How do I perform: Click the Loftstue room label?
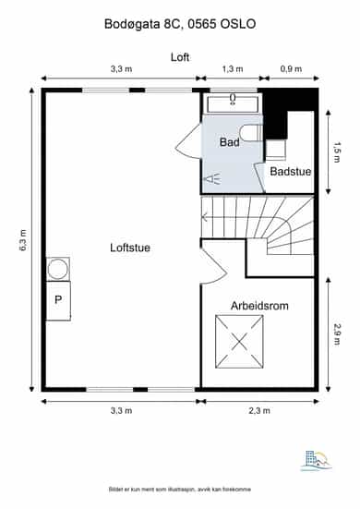click(x=130, y=248)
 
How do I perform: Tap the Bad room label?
click(x=230, y=142)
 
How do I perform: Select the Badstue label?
click(x=291, y=172)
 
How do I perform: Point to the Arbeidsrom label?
click(x=259, y=306)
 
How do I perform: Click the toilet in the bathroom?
click(x=250, y=133)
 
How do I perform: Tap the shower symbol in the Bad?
click(x=211, y=179)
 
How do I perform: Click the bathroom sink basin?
click(x=233, y=103)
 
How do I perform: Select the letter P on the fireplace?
click(x=58, y=299)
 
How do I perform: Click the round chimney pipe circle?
click(x=58, y=270)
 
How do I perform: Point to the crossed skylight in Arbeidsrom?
click(x=239, y=342)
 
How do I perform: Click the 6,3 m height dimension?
click(x=23, y=240)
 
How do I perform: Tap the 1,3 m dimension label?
click(x=233, y=68)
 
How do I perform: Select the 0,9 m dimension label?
click(x=291, y=68)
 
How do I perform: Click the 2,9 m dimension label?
click(x=337, y=334)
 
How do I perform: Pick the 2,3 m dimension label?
click(x=259, y=411)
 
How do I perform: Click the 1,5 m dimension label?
click(x=337, y=151)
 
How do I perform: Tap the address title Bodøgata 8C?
click(x=141, y=24)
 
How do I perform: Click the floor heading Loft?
click(x=180, y=57)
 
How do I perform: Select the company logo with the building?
click(x=317, y=460)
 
